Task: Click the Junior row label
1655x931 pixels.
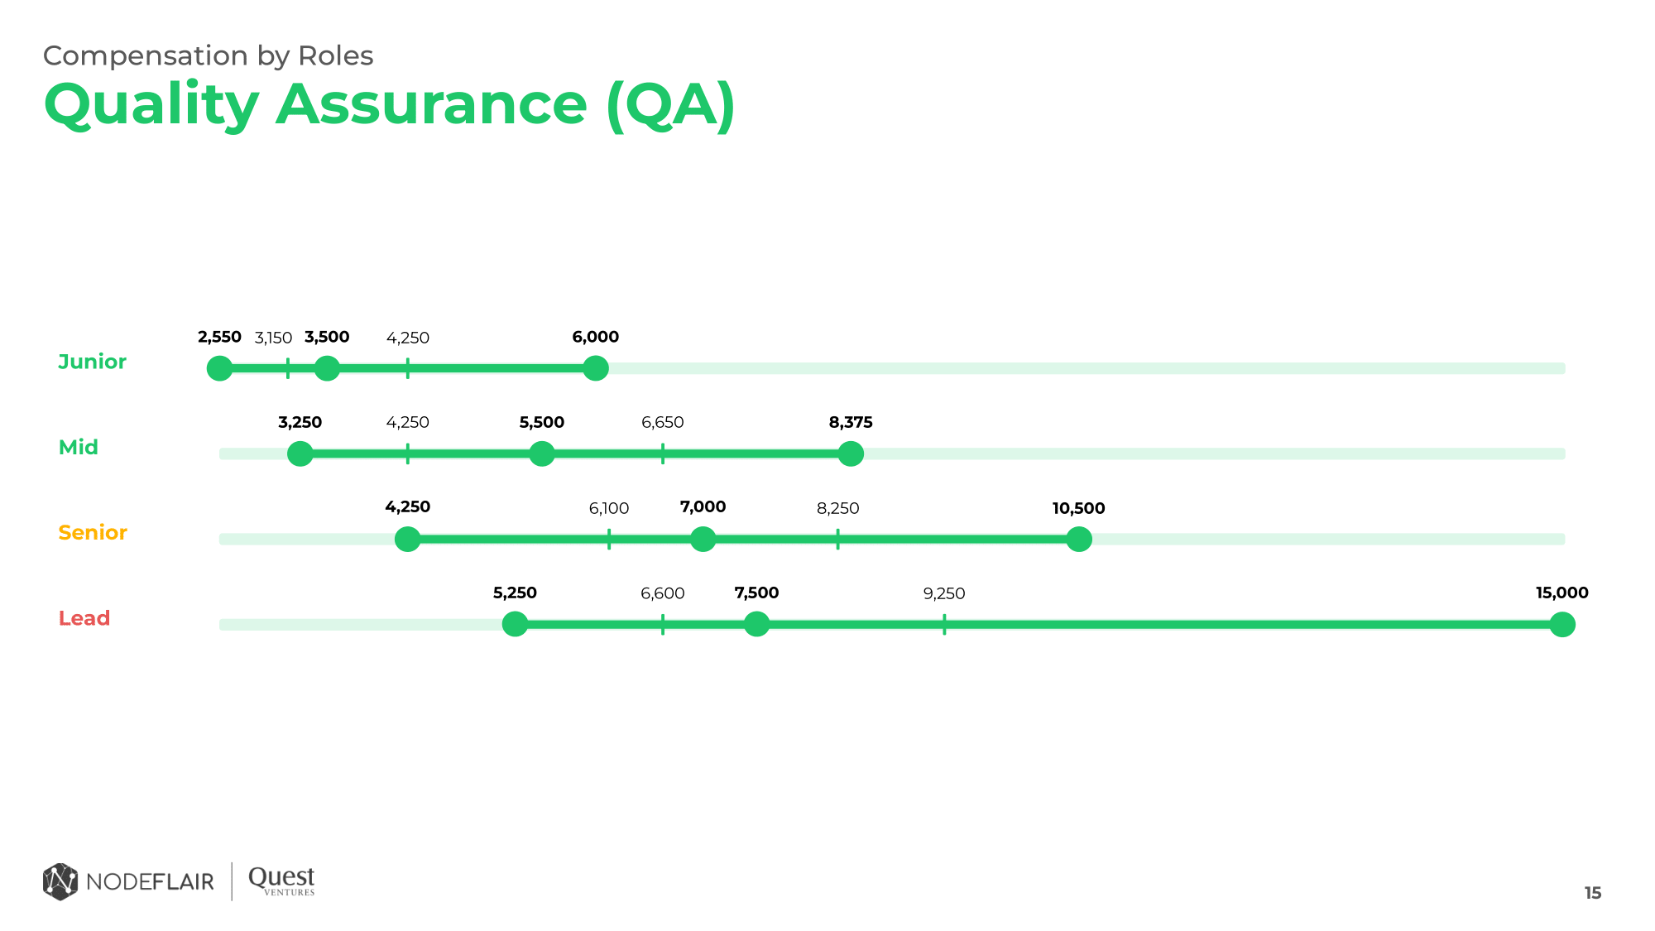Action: (92, 362)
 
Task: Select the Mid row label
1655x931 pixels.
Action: (79, 447)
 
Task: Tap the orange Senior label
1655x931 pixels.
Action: (93, 532)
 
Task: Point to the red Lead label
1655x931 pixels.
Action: (84, 618)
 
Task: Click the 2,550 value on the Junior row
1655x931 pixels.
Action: (219, 337)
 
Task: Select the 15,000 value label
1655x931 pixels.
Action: (1561, 593)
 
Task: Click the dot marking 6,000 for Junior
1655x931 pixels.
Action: (595, 368)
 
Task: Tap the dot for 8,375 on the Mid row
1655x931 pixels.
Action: (851, 454)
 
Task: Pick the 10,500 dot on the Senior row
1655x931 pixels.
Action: (1078, 539)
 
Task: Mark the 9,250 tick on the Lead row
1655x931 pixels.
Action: (944, 624)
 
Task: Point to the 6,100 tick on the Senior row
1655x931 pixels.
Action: (609, 539)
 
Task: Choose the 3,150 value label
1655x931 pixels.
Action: (273, 338)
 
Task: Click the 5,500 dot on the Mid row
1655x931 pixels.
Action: (541, 454)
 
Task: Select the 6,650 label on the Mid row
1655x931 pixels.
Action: (663, 422)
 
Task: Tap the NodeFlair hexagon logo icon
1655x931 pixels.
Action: (60, 881)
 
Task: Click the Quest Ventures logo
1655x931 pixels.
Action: (281, 881)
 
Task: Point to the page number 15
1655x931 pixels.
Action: (1593, 893)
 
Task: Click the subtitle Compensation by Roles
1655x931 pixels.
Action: (208, 55)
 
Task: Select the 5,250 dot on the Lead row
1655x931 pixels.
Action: (515, 624)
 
